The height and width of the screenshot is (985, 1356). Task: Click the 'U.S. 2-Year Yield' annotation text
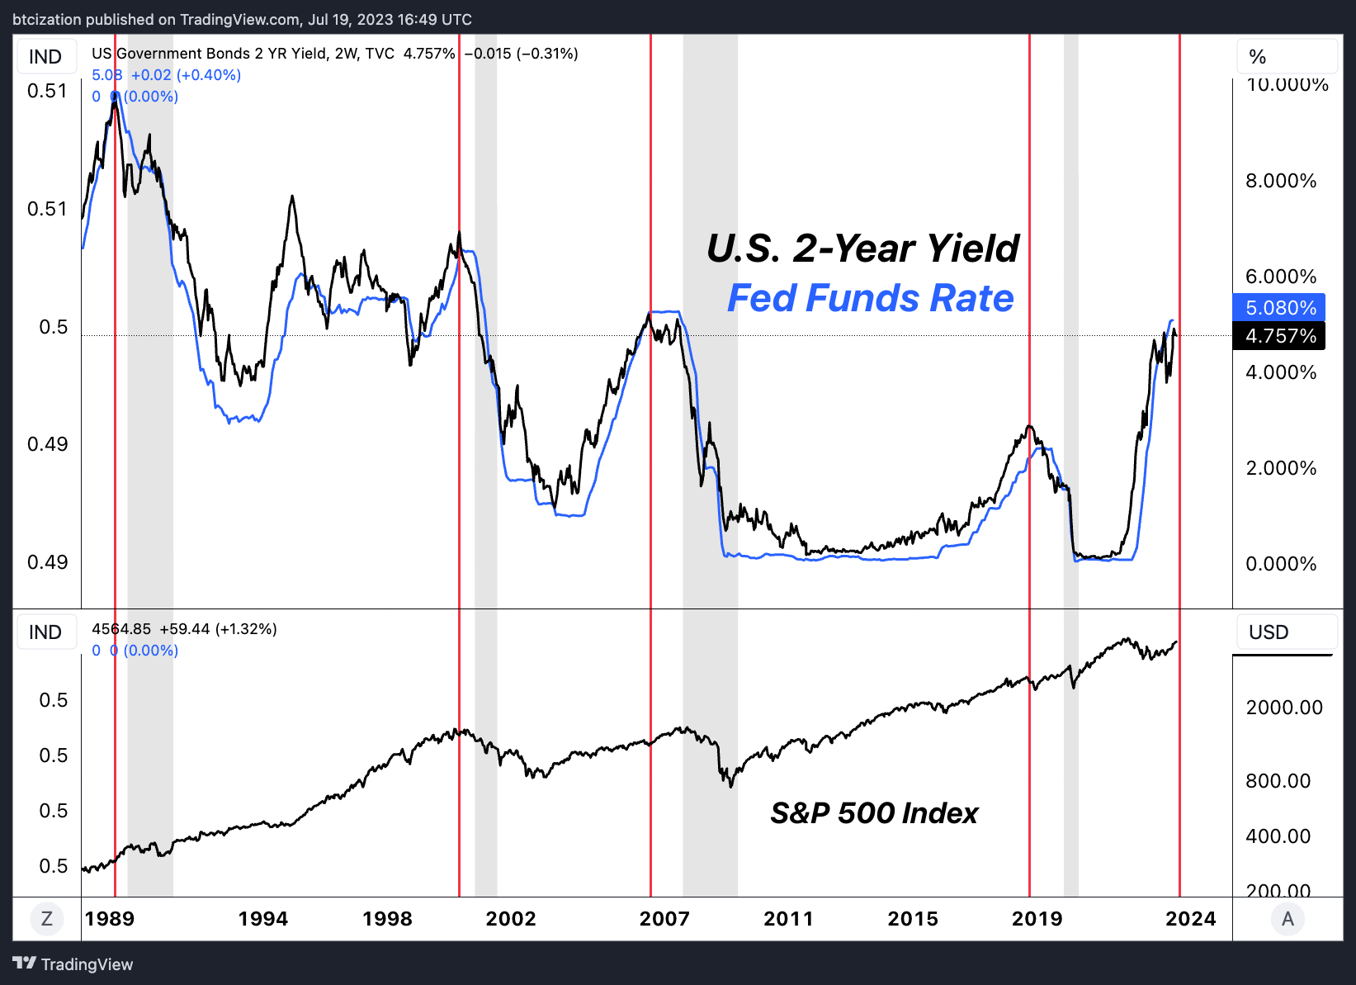click(x=862, y=249)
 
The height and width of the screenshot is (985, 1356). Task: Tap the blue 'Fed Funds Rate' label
click(x=870, y=298)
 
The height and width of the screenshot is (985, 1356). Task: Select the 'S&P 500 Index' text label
click(x=874, y=813)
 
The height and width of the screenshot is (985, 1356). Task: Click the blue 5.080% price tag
click(x=1278, y=308)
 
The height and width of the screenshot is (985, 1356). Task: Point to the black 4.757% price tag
click(x=1278, y=336)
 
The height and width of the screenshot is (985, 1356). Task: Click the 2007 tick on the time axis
click(x=664, y=919)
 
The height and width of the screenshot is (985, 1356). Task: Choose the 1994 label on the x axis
click(x=263, y=919)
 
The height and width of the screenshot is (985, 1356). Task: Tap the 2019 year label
click(x=1037, y=919)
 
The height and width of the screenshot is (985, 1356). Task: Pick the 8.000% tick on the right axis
click(x=1281, y=181)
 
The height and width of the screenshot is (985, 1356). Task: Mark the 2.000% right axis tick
click(x=1281, y=468)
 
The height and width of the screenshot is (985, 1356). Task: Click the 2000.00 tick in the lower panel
click(x=1284, y=708)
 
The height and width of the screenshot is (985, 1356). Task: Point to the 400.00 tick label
click(x=1278, y=836)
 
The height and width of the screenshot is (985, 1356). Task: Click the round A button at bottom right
click(x=1287, y=919)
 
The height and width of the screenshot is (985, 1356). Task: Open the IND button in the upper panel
click(x=45, y=57)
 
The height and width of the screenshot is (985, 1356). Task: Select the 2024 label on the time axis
click(x=1190, y=919)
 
